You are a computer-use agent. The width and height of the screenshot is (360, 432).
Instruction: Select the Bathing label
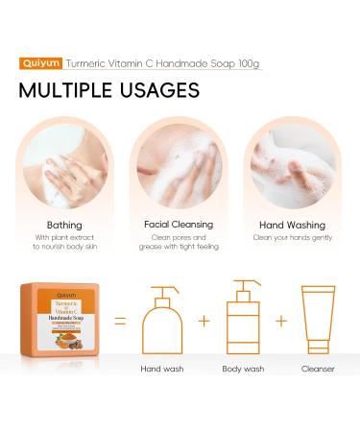[63, 224]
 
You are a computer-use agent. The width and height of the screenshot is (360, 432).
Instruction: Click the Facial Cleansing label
[180, 224]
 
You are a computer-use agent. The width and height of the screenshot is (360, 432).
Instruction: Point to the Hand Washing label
[292, 224]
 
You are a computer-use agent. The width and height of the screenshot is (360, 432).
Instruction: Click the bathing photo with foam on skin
[63, 165]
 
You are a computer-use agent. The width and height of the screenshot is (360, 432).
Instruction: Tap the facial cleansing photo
[180, 165]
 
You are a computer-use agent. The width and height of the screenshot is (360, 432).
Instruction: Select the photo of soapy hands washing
[292, 165]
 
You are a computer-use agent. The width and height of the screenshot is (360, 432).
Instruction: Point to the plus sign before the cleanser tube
[281, 320]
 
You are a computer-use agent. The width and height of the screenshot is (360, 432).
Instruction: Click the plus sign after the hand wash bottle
[204, 320]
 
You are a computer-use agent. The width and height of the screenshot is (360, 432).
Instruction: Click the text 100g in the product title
[248, 63]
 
